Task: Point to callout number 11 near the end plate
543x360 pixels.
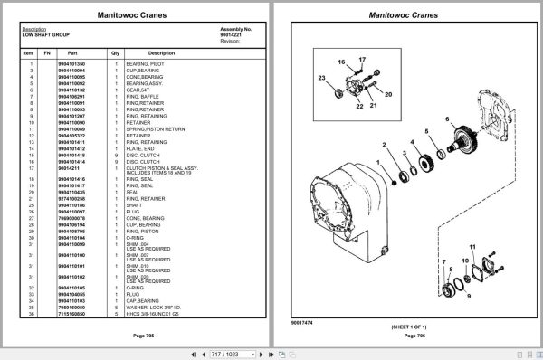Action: click(472, 246)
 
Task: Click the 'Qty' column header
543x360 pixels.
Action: click(115, 53)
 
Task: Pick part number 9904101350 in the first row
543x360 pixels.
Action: click(71, 64)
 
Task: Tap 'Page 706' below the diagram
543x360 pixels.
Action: click(406, 336)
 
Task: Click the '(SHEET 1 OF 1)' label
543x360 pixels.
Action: click(406, 325)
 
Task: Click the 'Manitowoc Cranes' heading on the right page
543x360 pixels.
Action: click(406, 14)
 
